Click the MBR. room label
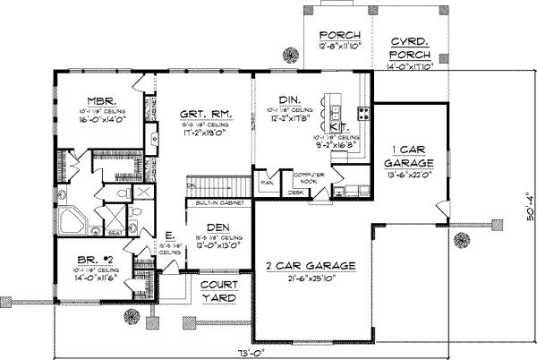click(x=98, y=100)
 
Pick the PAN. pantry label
click(x=267, y=182)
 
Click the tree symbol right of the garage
click(x=463, y=239)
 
